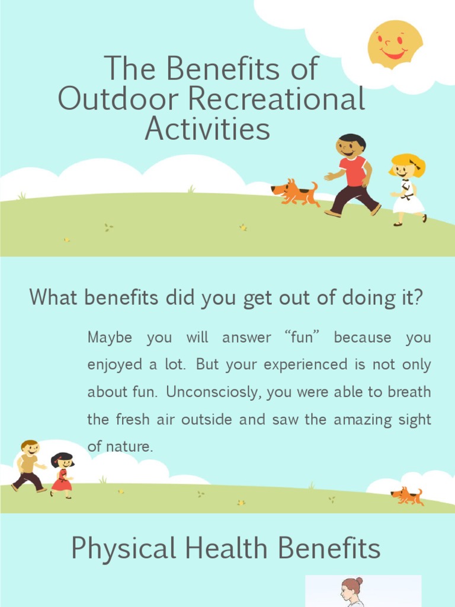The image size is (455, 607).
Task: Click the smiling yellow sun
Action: click(395, 44)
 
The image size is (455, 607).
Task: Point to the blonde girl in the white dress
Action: click(408, 189)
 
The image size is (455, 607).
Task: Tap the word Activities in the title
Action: click(207, 129)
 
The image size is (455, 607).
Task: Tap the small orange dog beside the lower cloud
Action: click(407, 496)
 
